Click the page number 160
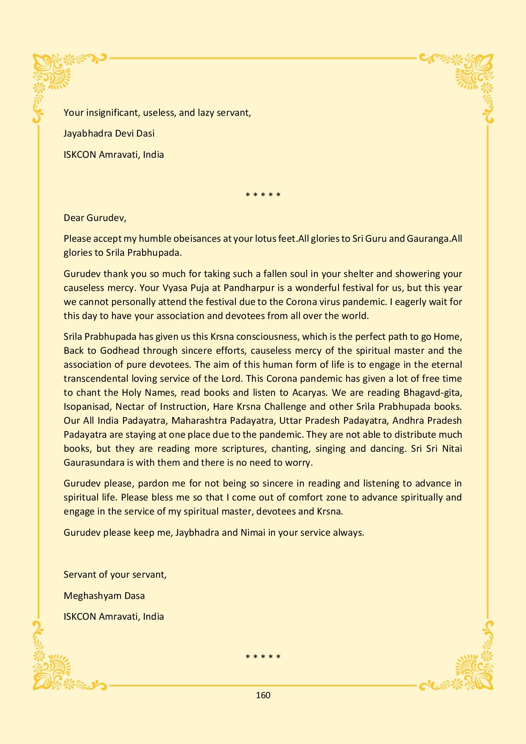263,695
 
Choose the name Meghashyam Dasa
104,596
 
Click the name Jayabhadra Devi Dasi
109,133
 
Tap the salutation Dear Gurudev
95,218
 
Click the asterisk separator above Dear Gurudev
263,195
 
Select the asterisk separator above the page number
263,657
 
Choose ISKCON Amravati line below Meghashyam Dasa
114,616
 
